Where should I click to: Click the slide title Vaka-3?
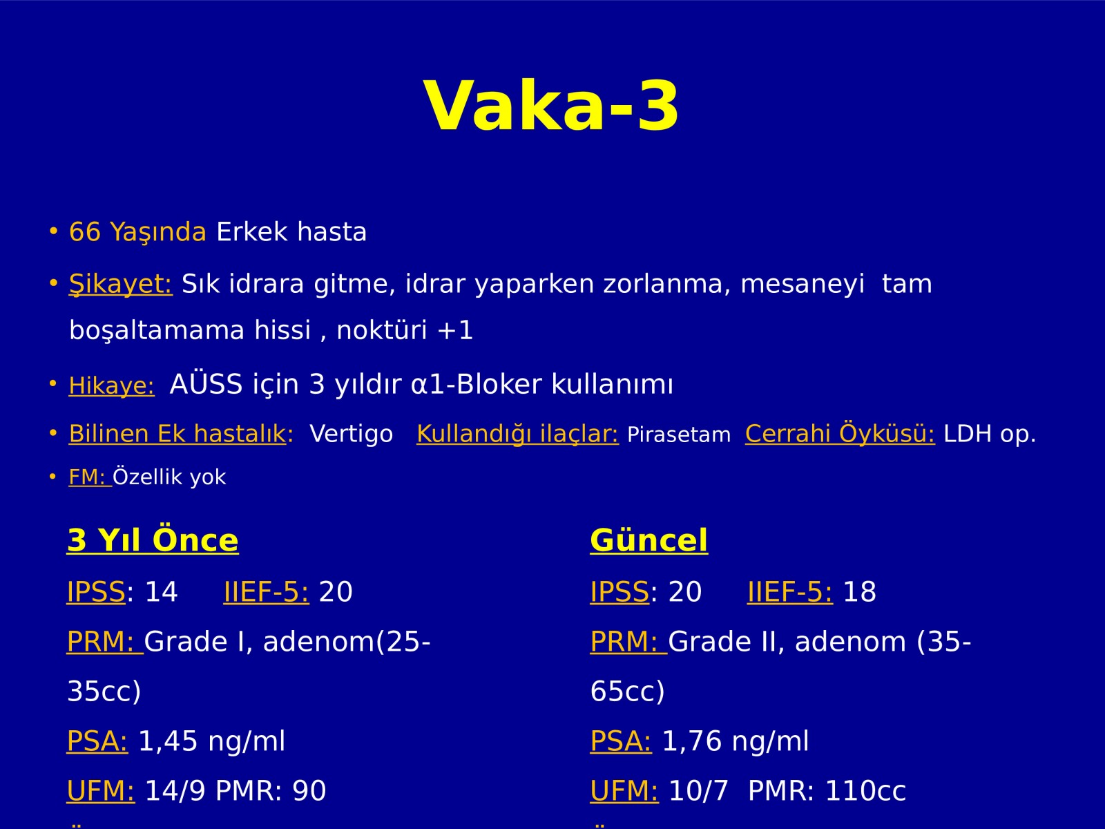[x=551, y=106]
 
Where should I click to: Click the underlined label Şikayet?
[x=120, y=285]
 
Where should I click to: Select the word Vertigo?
[x=351, y=434]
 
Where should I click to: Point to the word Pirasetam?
[x=679, y=435]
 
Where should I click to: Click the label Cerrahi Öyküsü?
[x=840, y=433]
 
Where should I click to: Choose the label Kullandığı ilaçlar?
[x=517, y=434]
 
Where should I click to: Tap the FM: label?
[x=90, y=477]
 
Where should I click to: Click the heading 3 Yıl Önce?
[x=153, y=541]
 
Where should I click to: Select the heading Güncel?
[x=649, y=541]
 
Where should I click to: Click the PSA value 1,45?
[x=168, y=741]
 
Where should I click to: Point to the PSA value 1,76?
[x=692, y=741]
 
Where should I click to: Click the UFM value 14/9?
[x=175, y=791]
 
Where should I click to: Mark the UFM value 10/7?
[x=699, y=791]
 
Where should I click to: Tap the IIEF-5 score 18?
[x=859, y=591]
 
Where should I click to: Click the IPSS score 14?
[x=161, y=591]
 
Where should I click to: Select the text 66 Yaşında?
[x=137, y=232]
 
